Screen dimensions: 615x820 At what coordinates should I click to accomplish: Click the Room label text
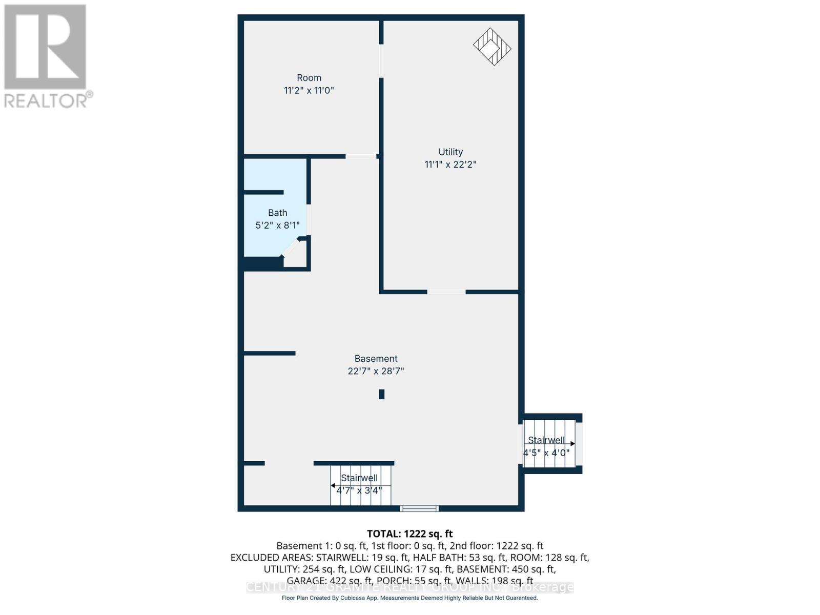pos(309,78)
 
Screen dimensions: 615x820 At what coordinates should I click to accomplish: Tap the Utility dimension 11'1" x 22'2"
pos(450,165)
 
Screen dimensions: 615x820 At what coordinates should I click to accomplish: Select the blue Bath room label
pos(277,213)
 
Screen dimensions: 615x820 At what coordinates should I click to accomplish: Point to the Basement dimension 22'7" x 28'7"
pos(376,371)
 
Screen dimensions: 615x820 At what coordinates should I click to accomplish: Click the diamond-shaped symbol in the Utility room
pos(492,47)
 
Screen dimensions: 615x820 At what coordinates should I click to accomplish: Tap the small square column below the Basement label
pos(381,394)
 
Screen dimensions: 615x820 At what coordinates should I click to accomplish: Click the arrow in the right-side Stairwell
pos(572,444)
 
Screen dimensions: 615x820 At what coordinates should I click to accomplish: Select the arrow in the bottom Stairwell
pos(333,485)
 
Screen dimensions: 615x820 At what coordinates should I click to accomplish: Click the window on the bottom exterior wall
pos(419,508)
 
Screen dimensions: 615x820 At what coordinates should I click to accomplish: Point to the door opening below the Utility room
pos(446,292)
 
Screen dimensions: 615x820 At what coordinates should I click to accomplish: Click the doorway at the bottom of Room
pos(361,156)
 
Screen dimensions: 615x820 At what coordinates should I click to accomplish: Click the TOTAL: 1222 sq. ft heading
pos(409,534)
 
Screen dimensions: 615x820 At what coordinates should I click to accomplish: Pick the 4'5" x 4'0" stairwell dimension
pos(546,453)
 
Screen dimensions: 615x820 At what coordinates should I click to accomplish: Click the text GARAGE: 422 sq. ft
pos(330,581)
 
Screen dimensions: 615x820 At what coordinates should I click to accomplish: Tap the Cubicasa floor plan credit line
pos(409,598)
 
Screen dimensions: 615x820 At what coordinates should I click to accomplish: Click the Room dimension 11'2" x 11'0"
pos(309,91)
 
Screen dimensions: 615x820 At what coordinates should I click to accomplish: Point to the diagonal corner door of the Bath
pos(291,248)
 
